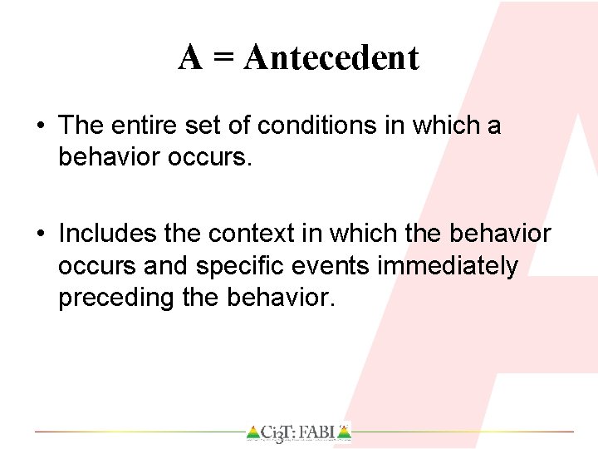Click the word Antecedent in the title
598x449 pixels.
[x=332, y=58]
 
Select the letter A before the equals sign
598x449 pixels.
[x=190, y=58]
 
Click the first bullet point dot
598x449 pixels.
[x=41, y=126]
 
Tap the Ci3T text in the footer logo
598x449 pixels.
[x=278, y=432]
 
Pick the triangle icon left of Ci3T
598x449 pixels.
[x=252, y=432]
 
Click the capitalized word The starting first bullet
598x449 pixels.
[x=80, y=126]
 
